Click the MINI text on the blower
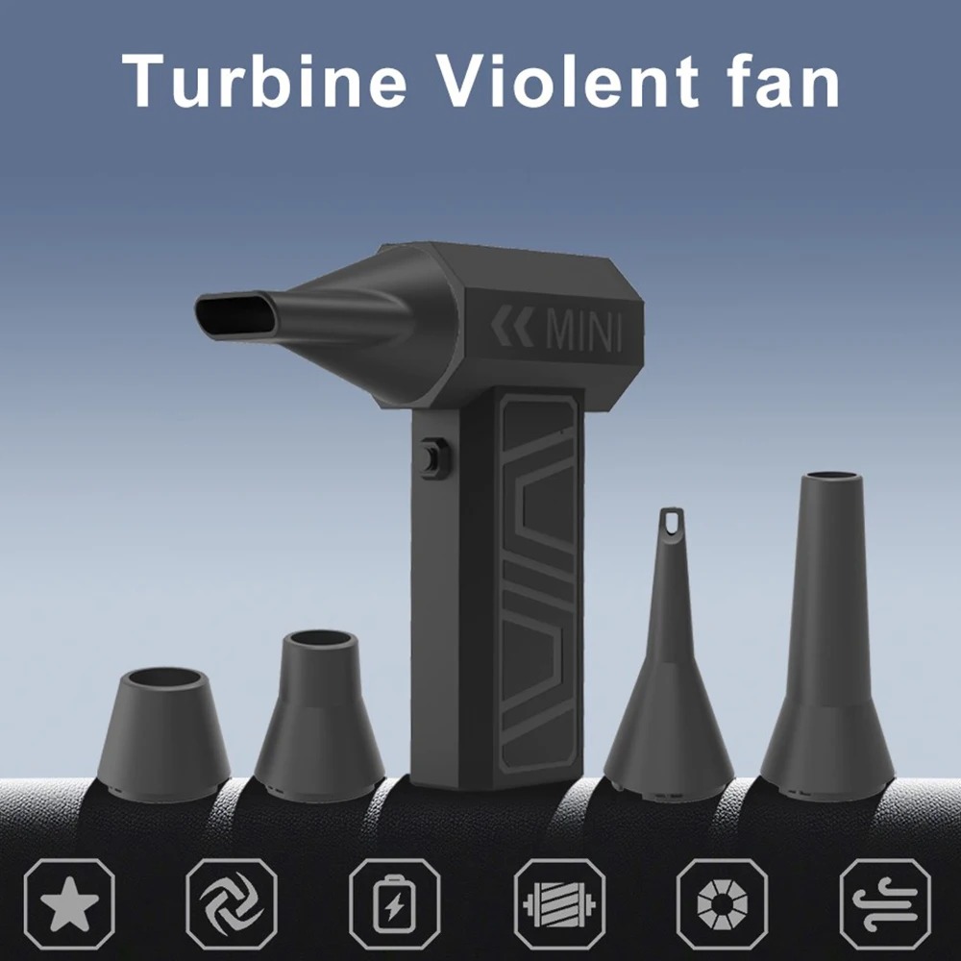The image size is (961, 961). coord(582,333)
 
